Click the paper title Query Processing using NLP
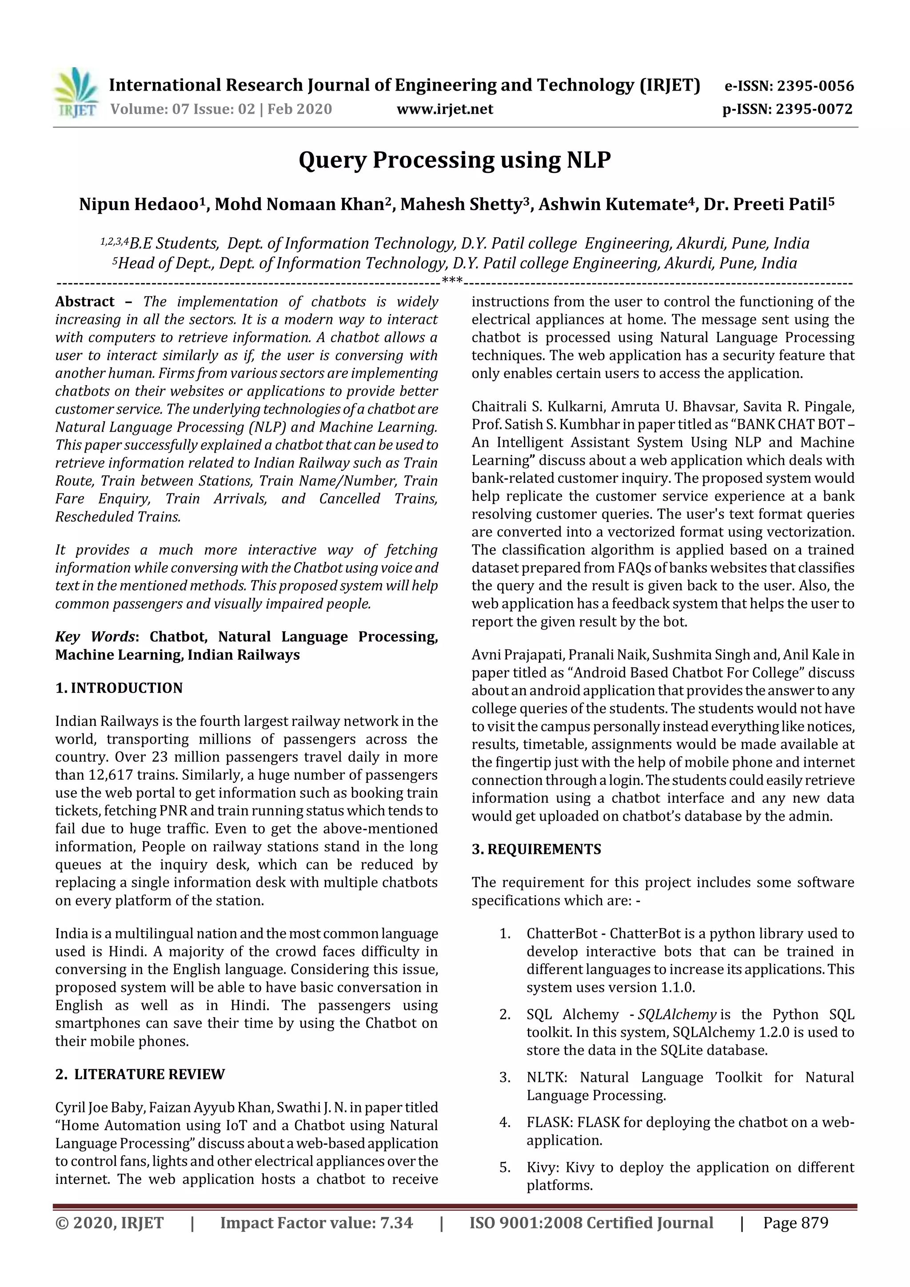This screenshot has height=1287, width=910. [x=454, y=160]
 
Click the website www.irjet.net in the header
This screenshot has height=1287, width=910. [x=445, y=109]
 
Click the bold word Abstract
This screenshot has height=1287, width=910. [x=85, y=302]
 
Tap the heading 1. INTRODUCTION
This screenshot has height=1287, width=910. [x=119, y=688]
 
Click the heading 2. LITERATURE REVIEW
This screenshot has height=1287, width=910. [x=140, y=1075]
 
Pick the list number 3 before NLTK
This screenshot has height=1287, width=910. [x=505, y=1077]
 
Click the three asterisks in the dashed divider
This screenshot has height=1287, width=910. [x=452, y=280]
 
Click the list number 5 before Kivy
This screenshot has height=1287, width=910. [x=505, y=1167]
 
